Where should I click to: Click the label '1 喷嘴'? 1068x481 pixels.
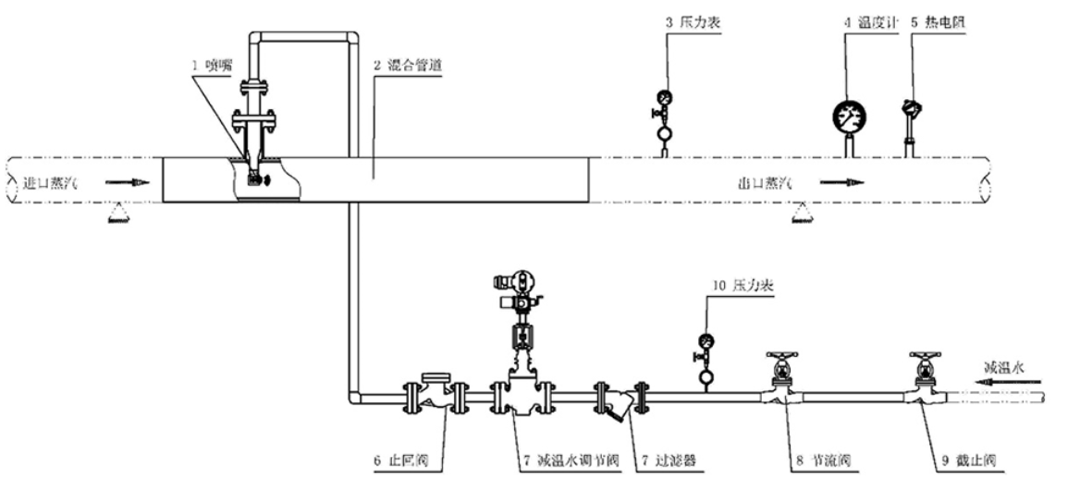coord(204,66)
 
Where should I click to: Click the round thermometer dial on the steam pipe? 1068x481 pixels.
coord(849,115)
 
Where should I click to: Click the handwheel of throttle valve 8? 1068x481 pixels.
coord(783,356)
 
